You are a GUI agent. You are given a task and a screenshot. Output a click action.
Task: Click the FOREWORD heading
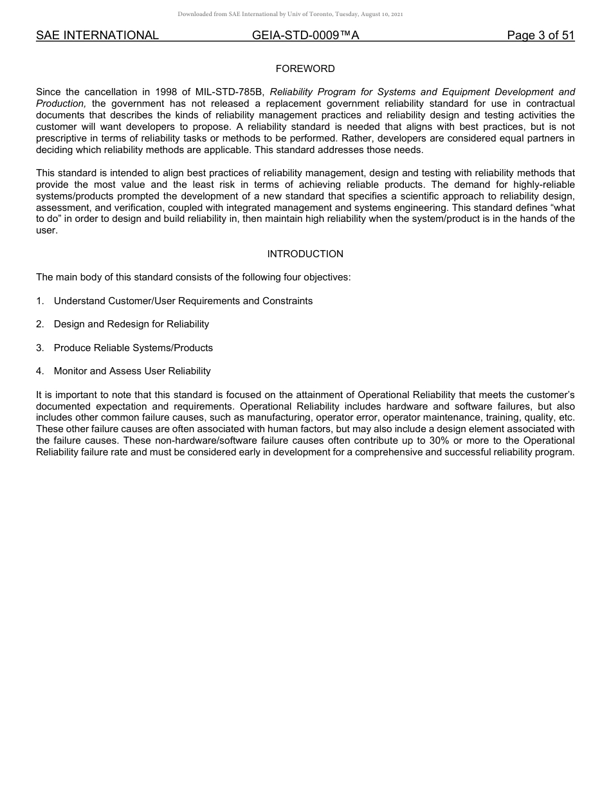[x=305, y=69]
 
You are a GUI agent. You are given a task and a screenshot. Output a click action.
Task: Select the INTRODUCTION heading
[x=305, y=254]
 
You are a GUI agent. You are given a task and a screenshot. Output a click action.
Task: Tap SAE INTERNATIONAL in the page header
[x=97, y=36]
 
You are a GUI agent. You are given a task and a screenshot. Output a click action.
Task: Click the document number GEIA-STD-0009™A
[x=305, y=36]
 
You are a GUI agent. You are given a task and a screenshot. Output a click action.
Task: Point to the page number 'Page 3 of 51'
[x=540, y=36]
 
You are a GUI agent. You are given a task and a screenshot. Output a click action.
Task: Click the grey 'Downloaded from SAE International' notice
[x=290, y=14]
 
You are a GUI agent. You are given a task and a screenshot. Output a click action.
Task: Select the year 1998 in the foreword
[x=166, y=92]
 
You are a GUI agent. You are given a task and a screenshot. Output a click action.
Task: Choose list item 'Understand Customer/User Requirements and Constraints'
[x=183, y=301]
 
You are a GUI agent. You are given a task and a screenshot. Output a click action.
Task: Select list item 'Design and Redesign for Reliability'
[x=131, y=324]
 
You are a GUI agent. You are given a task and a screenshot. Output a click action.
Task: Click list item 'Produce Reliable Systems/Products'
[x=133, y=348]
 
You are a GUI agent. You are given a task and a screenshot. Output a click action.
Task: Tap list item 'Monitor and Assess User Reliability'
[x=132, y=371]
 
